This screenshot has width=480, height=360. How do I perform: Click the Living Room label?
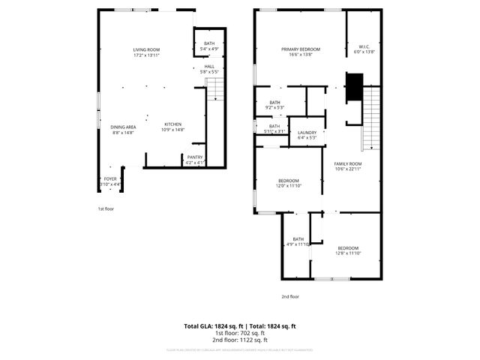(x=146, y=52)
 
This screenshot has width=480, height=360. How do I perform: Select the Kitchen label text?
(x=172, y=127)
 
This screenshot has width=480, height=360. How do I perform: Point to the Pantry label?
(x=194, y=159)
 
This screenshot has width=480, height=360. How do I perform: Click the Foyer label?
(x=109, y=181)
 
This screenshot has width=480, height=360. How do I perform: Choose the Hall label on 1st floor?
(x=209, y=69)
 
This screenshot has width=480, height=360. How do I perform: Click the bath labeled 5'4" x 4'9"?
(x=209, y=46)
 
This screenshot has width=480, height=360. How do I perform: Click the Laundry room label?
(x=307, y=135)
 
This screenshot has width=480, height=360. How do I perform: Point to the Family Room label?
(x=348, y=166)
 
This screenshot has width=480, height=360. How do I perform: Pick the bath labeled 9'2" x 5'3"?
(x=274, y=105)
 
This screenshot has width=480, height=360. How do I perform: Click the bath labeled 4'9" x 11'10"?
(x=298, y=241)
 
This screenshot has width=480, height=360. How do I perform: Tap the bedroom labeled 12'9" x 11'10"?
(x=289, y=183)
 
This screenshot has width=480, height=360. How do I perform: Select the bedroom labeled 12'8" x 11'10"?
(x=347, y=250)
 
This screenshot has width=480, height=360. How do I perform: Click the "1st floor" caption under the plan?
(x=106, y=208)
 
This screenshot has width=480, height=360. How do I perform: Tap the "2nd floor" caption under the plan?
(x=289, y=296)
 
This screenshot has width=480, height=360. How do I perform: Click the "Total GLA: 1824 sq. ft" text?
(x=213, y=326)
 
